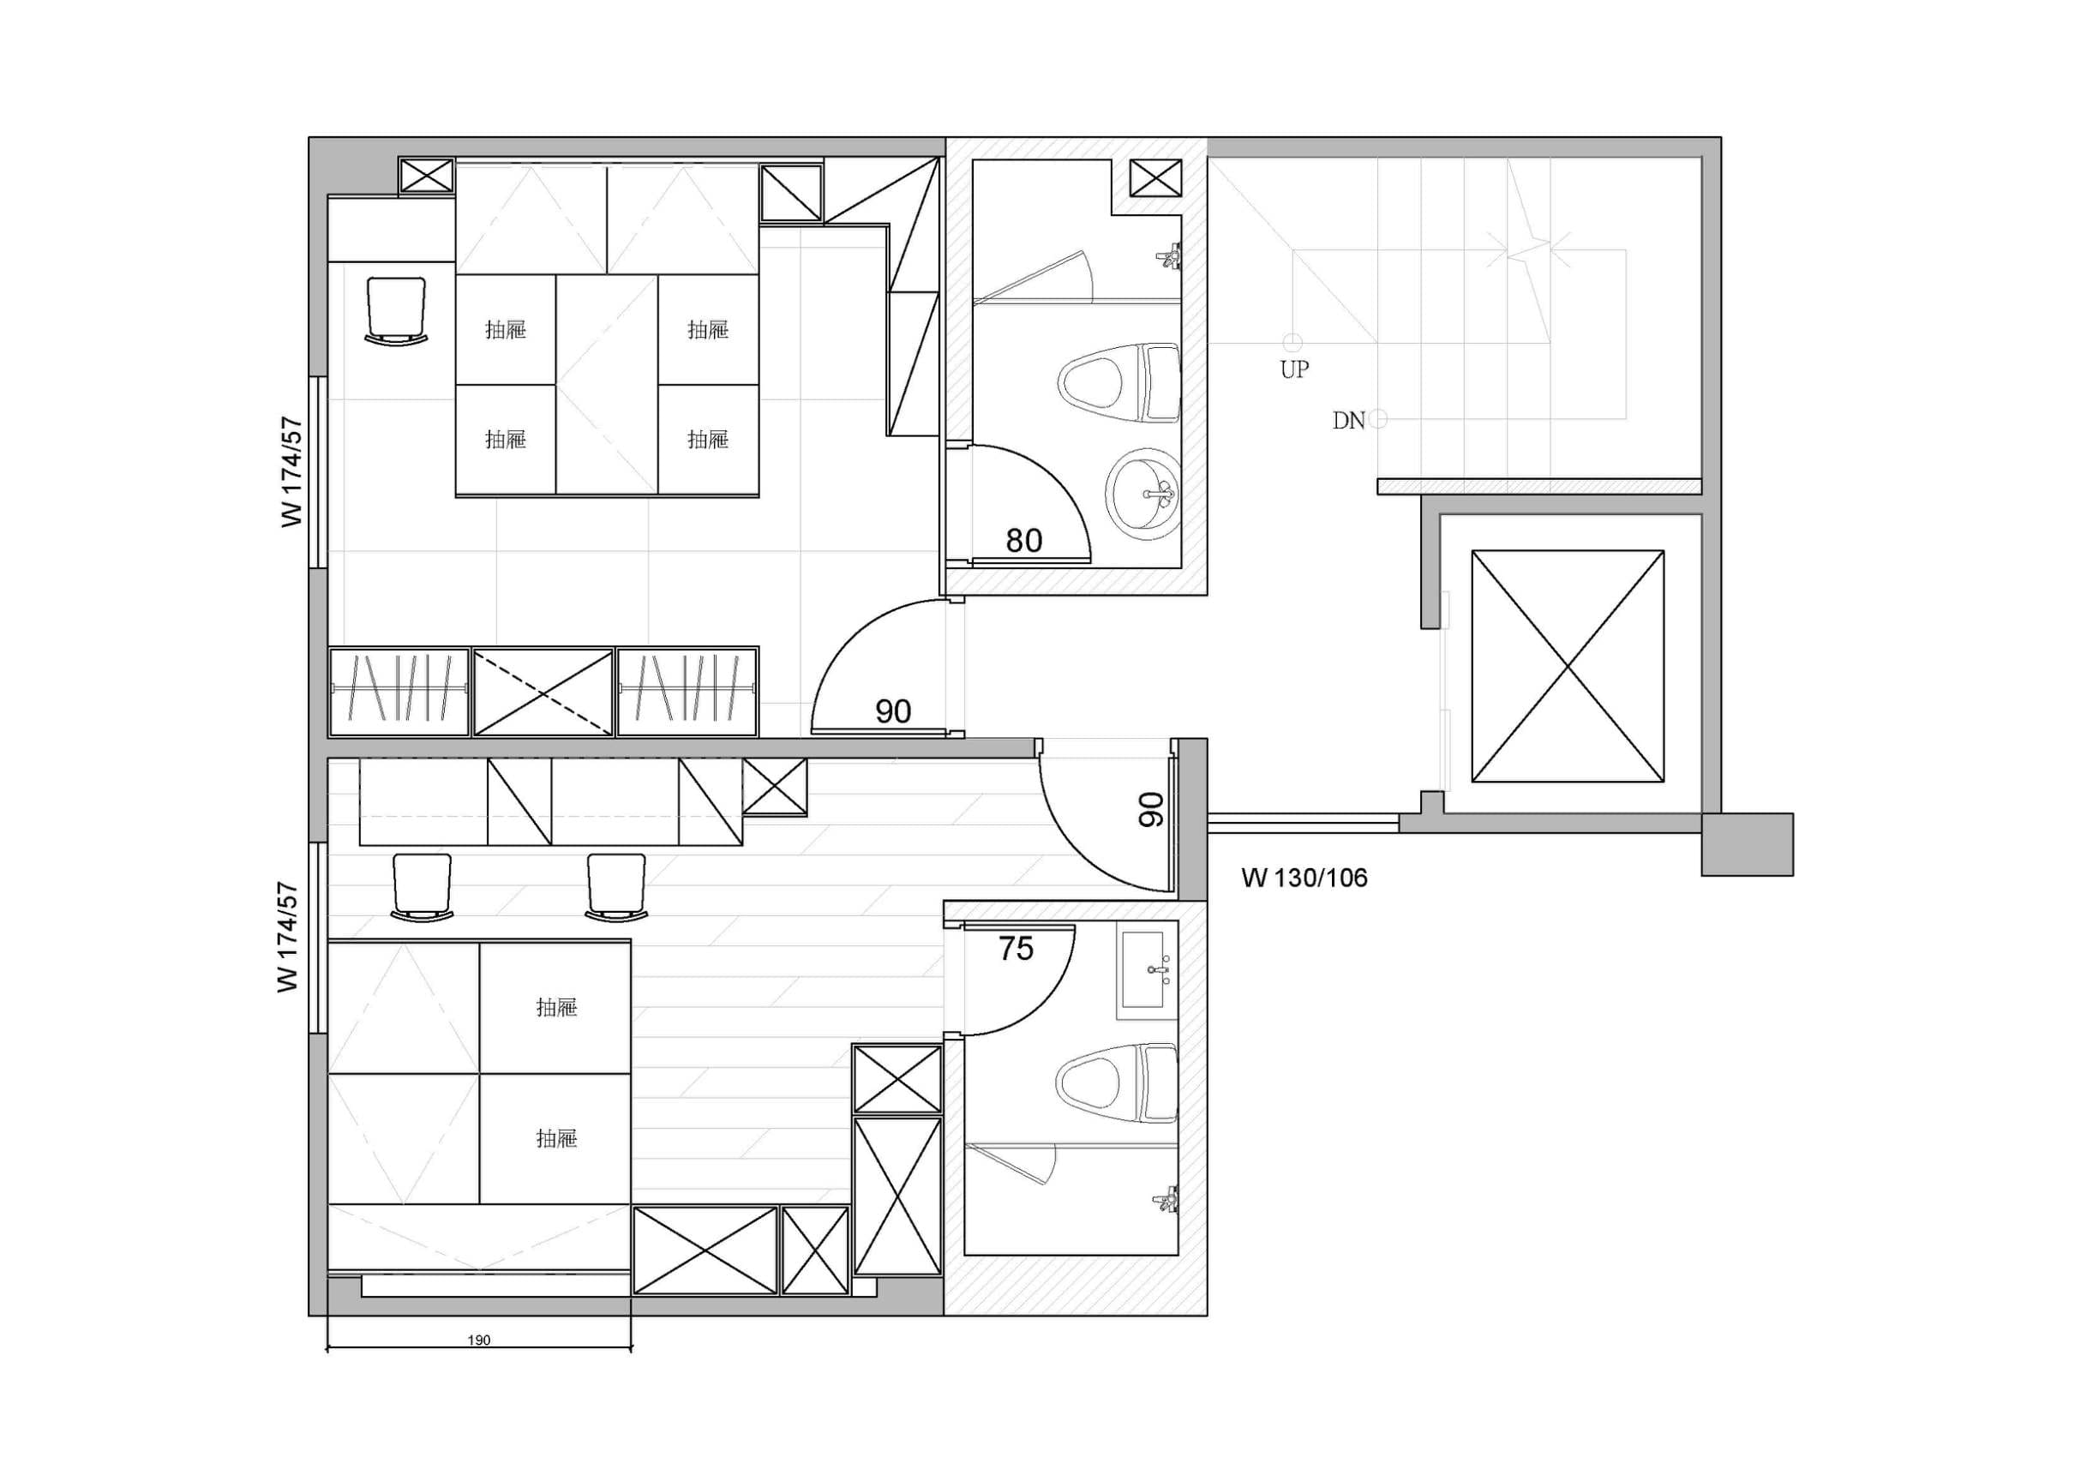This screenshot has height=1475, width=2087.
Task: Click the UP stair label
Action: click(x=1294, y=369)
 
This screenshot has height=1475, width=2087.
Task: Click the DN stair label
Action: click(x=1349, y=421)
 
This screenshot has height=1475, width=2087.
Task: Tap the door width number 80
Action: click(x=1023, y=541)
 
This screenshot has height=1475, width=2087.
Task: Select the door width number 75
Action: click(x=1017, y=949)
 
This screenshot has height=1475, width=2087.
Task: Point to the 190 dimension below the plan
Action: click(x=479, y=1340)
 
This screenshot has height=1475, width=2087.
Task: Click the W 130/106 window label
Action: click(x=1304, y=878)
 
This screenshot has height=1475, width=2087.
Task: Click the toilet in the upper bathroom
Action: click(x=1119, y=382)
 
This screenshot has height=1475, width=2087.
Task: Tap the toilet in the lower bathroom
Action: click(x=1117, y=1083)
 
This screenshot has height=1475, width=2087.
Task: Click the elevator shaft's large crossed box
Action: click(x=1568, y=665)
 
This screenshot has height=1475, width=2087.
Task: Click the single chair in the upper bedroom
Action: click(x=395, y=311)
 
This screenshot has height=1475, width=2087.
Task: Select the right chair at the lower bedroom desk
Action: click(x=616, y=887)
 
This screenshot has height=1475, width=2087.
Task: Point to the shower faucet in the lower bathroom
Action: click(x=1166, y=1201)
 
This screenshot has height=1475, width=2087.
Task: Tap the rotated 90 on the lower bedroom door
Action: click(x=1151, y=809)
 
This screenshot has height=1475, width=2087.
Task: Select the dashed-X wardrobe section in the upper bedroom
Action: click(x=543, y=691)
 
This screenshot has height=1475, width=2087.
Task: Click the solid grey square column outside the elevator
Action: click(x=1747, y=844)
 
